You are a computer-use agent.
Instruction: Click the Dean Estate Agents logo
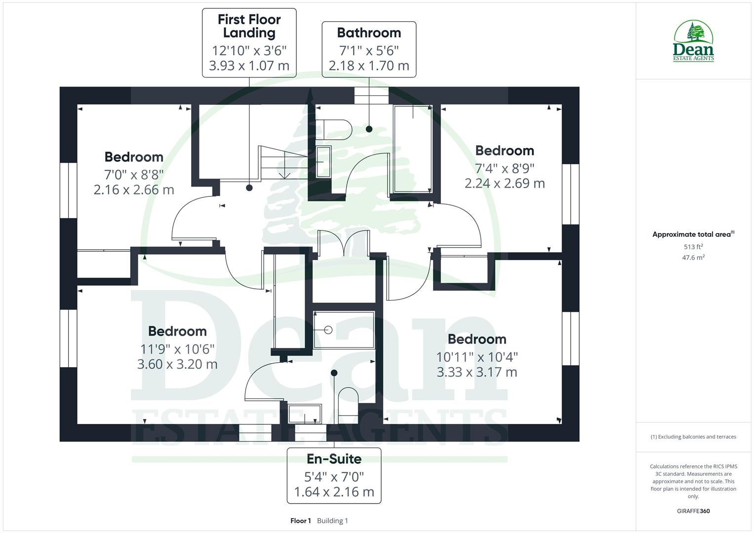pyautogui.click(x=693, y=41)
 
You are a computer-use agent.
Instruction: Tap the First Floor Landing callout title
pyautogui.click(x=249, y=26)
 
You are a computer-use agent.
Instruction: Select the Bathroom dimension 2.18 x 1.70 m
pyautogui.click(x=369, y=66)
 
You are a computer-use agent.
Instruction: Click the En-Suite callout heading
pyautogui.click(x=334, y=459)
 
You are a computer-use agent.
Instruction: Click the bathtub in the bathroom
pyautogui.click(x=412, y=149)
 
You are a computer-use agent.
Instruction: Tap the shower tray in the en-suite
pyautogui.click(x=344, y=330)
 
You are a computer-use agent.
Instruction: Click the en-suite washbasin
pyautogui.click(x=304, y=415)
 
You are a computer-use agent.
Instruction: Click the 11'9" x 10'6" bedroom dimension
pyautogui.click(x=177, y=349)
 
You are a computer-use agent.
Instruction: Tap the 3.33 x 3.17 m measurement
pyautogui.click(x=476, y=372)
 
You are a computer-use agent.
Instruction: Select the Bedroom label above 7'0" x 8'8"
pyautogui.click(x=134, y=157)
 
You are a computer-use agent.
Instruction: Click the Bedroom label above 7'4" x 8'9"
pyautogui.click(x=504, y=151)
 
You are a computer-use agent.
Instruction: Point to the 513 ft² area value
pyautogui.click(x=693, y=247)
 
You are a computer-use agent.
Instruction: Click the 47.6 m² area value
pyautogui.click(x=693, y=257)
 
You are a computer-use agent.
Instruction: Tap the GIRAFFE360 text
pyautogui.click(x=693, y=511)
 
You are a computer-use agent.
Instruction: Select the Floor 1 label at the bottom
pyautogui.click(x=301, y=521)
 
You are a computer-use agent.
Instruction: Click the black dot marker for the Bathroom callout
pyautogui.click(x=369, y=129)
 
